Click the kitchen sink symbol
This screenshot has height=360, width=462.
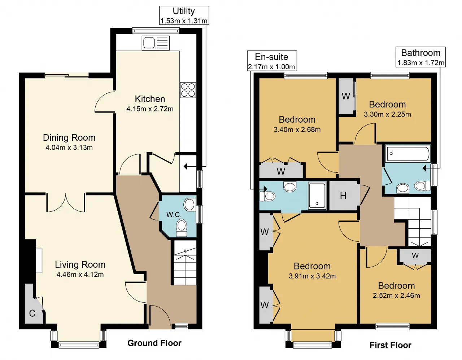point(156,43)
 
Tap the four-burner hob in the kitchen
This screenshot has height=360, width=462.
point(188,90)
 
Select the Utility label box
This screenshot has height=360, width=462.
point(184,16)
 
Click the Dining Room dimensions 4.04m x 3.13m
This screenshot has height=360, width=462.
point(69,148)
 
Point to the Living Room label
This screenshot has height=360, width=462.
point(80,265)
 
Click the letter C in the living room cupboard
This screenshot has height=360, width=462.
point(32,313)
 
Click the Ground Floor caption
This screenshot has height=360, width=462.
point(154,343)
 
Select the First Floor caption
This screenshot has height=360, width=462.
point(390,345)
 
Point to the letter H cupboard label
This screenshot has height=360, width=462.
point(343,196)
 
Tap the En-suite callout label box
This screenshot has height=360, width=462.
point(272,61)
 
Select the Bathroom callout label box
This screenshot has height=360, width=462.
point(420,57)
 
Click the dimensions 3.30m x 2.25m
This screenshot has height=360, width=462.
point(387,114)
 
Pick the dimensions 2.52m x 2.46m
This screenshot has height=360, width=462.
point(396,296)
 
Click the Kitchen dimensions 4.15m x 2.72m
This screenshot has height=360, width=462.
point(150,109)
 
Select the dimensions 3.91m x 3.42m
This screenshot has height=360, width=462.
point(312,276)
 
